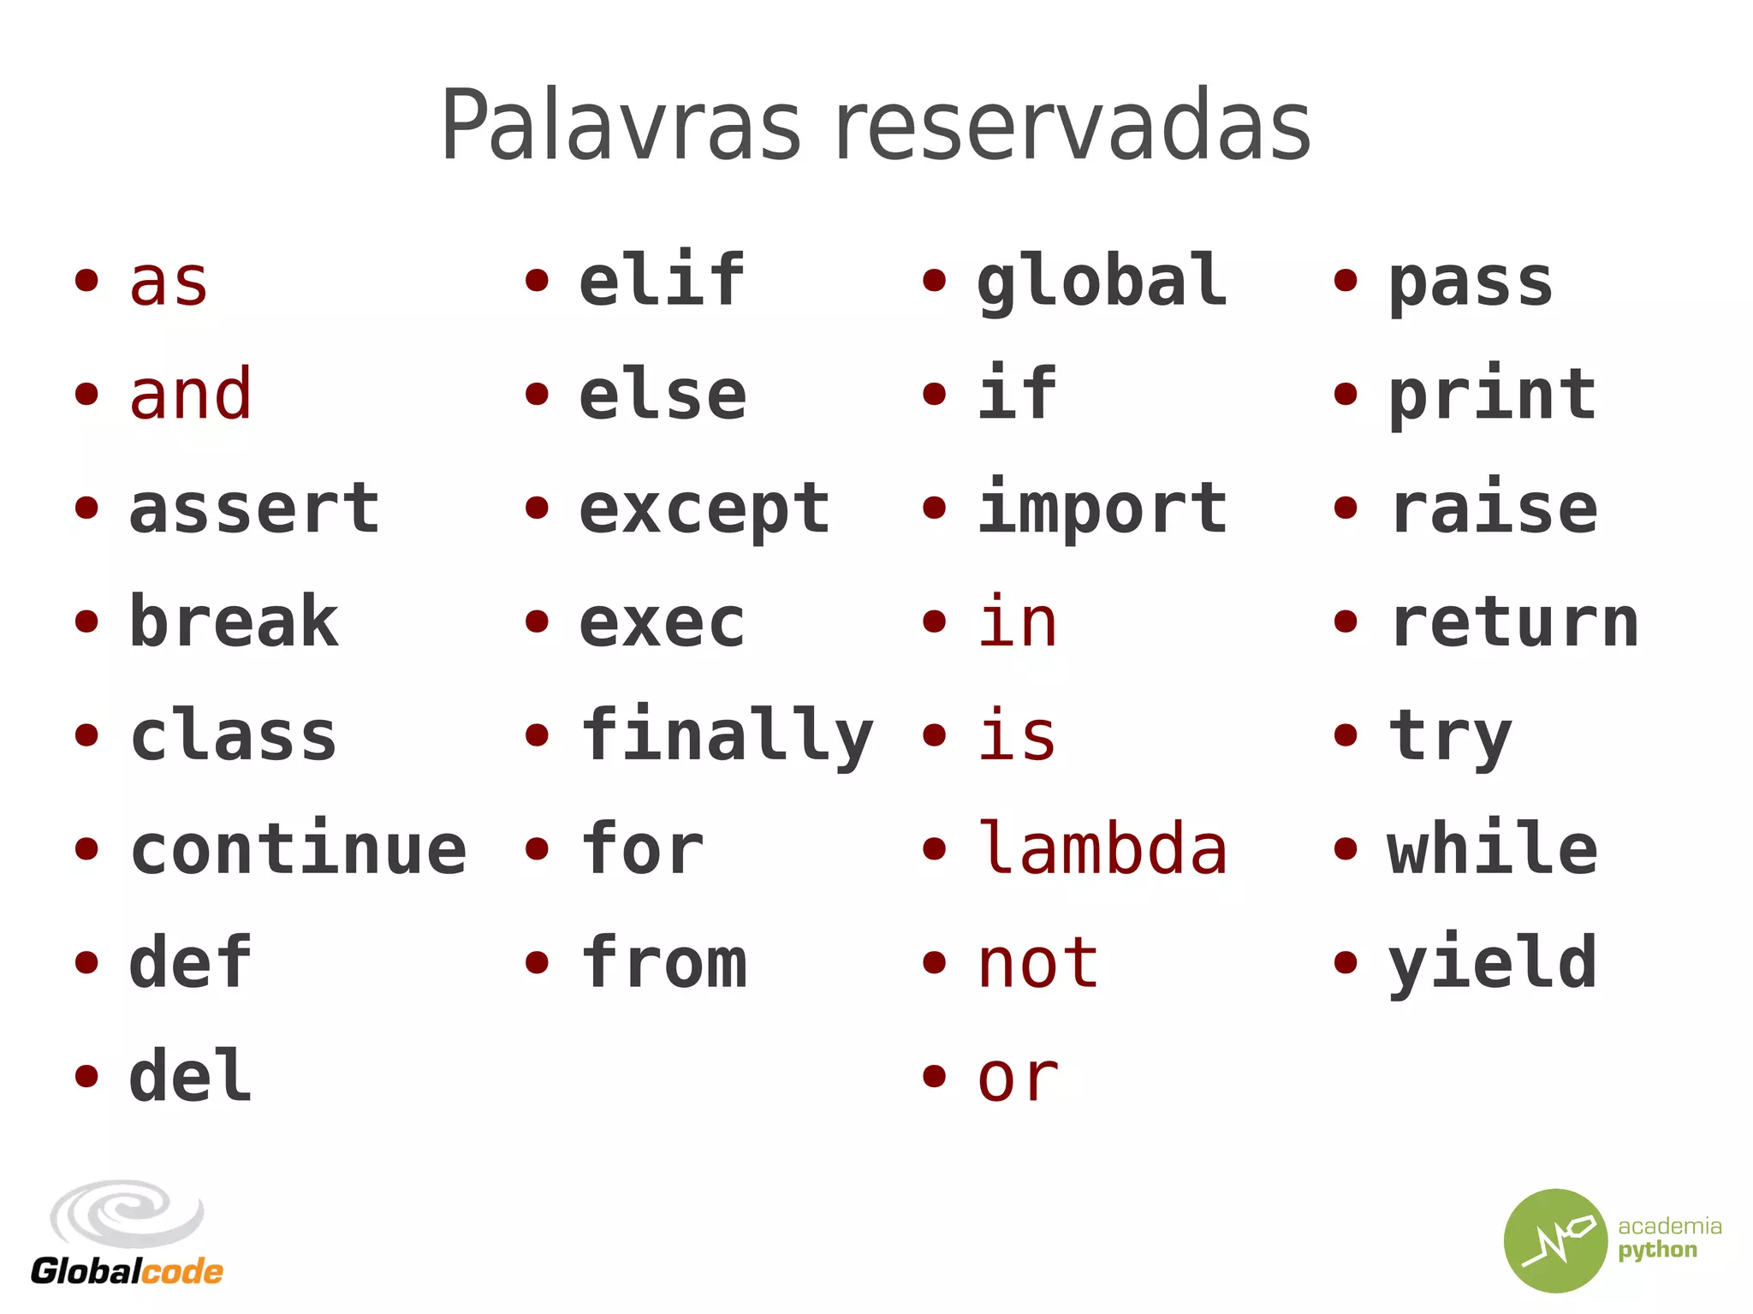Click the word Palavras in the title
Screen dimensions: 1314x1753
tap(621, 127)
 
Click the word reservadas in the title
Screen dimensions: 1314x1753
tap(1073, 127)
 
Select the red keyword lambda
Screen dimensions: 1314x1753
tap(1102, 848)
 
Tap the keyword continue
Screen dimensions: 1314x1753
tap(299, 848)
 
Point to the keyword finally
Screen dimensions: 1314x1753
tap(727, 736)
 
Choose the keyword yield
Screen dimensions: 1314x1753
tap(1492, 964)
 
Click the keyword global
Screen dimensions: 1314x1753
tap(1102, 281)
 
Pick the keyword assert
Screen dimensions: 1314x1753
tap(254, 508)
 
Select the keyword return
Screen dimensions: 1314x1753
tap(1514, 622)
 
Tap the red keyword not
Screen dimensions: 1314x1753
tap(1038, 963)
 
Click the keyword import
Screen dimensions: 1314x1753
tap(1102, 508)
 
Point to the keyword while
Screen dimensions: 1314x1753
tap(1492, 848)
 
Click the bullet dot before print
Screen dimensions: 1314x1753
tap(1346, 395)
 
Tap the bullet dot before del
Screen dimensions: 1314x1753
tap(86, 1076)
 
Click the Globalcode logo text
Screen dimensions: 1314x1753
tap(127, 1271)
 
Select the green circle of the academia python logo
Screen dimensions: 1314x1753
tap(1555, 1240)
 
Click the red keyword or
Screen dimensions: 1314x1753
tap(1018, 1078)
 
